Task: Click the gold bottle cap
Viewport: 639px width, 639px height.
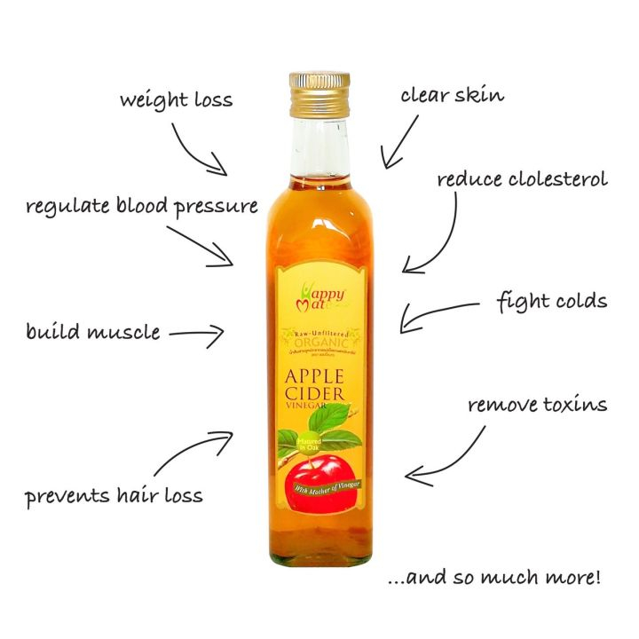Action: click(x=319, y=88)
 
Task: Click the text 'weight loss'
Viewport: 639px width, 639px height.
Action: click(x=177, y=99)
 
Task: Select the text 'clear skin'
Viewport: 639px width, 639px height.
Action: click(x=452, y=95)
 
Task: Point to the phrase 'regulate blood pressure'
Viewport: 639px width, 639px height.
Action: click(x=142, y=207)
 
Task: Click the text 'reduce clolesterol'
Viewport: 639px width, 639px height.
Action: click(x=522, y=179)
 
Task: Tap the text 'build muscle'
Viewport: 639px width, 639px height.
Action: click(x=93, y=333)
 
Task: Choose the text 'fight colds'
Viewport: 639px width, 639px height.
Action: click(x=551, y=301)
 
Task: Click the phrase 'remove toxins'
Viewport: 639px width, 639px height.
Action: click(x=538, y=406)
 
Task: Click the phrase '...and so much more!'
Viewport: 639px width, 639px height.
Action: click(x=496, y=579)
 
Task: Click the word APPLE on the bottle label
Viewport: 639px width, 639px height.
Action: click(x=320, y=373)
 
